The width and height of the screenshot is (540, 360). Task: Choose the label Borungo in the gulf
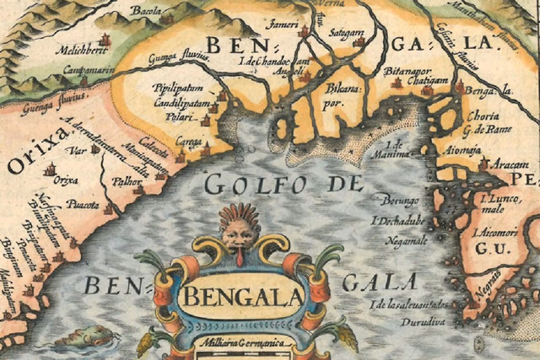400,201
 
